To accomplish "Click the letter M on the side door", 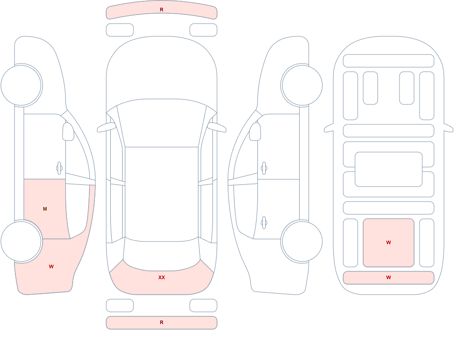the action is coord(45,209).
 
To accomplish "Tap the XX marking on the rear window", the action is coord(162,277).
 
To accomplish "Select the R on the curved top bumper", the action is coord(162,10).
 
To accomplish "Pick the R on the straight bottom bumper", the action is coord(162,322).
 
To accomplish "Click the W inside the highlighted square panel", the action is coord(389,242).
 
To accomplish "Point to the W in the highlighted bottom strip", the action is coord(389,277).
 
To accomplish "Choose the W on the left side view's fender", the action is coord(51,266).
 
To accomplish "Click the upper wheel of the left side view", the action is coord(21,85).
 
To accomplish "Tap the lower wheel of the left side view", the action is coord(21,241).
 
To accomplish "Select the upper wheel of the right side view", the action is coord(302,85).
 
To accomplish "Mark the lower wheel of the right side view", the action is coord(302,241).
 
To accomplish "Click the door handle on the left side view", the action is coord(59,168).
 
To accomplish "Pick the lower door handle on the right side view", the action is coord(264,223).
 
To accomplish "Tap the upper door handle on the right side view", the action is coord(264,168).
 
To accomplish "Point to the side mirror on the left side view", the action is coord(68,132).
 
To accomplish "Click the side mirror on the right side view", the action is coord(255,132).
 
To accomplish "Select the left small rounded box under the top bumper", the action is coord(120,30).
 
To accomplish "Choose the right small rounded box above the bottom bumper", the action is coord(203,306).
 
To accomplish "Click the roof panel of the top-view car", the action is coord(162,194).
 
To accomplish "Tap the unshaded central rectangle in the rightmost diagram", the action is coord(389,169).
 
